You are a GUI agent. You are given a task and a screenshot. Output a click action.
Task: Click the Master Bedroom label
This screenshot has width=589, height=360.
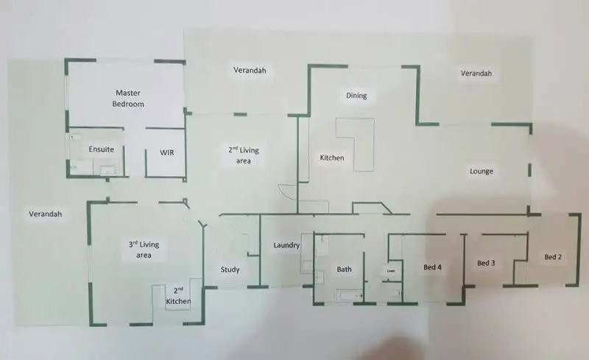coord(127,98)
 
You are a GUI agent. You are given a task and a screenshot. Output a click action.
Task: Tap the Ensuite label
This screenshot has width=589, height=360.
coord(101,149)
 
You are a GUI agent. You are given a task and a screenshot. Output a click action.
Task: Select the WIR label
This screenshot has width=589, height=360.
coord(167,153)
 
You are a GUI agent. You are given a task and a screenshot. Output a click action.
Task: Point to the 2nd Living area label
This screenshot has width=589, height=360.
coord(243,155)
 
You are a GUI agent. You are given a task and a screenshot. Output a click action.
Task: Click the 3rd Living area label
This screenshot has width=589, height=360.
coord(144,250)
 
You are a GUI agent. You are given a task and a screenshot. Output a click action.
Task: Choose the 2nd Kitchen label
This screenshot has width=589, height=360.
coord(178,296)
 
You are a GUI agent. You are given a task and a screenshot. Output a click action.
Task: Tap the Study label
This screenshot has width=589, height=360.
coord(230,269)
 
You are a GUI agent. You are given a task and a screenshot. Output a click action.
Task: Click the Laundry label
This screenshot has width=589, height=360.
coord(285,245)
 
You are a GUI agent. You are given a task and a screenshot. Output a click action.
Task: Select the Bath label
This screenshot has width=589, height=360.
coord(345,269)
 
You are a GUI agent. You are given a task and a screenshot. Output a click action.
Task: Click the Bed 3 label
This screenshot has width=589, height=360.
coord(485,263)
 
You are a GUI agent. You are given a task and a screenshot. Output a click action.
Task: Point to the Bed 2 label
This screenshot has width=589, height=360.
coord(553,257)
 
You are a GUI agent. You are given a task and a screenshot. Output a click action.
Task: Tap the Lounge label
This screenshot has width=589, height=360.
coord(481,172)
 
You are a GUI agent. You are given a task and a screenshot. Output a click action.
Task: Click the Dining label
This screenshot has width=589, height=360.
coord(356,96)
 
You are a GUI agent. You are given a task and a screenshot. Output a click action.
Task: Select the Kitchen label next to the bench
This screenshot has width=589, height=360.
coord(331,158)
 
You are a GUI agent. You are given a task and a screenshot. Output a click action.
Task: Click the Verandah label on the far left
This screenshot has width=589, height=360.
coord(46,214)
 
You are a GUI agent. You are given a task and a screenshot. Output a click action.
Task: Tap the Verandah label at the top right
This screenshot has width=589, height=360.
coord(476,74)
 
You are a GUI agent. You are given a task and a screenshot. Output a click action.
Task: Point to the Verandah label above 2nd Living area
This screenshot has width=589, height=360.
coord(250,71)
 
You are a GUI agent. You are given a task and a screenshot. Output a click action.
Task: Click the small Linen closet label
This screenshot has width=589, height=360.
coord(391,271)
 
